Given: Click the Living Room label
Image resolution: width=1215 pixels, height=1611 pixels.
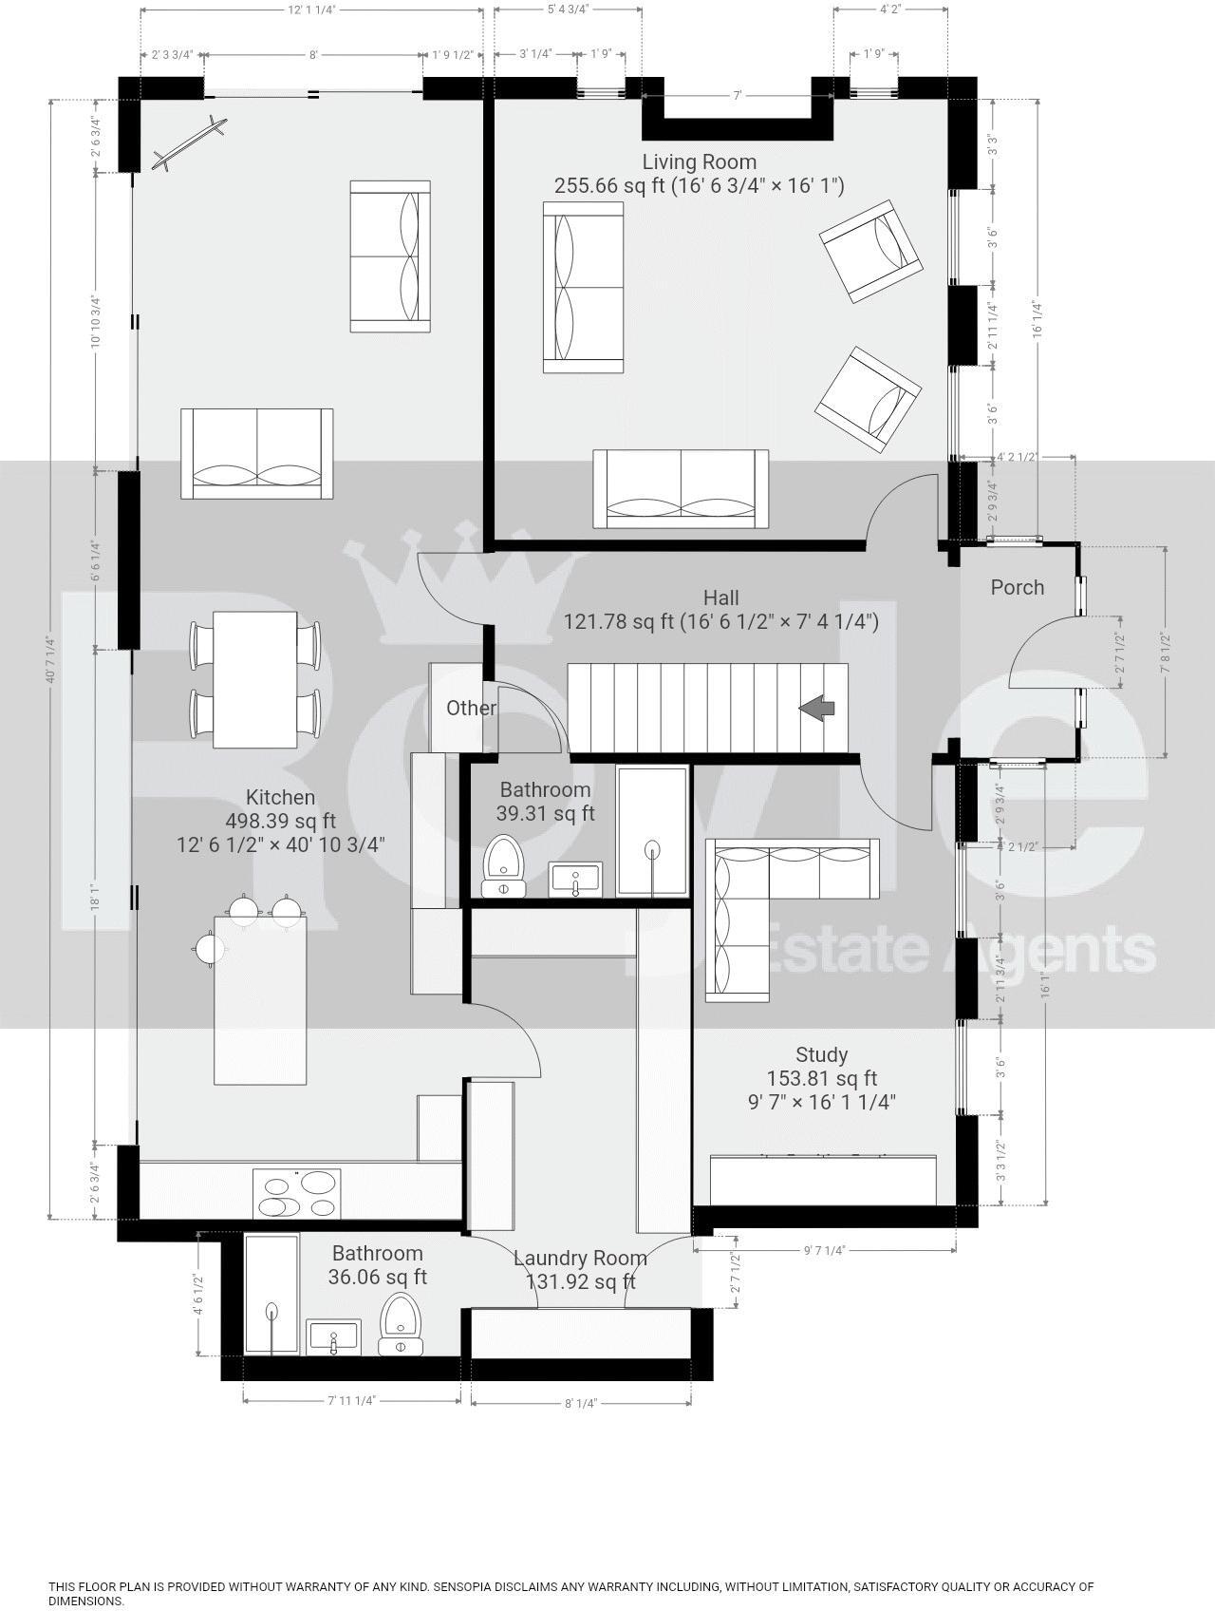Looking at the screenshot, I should click(699, 161).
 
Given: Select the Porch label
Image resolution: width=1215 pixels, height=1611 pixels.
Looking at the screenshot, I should click(1017, 587).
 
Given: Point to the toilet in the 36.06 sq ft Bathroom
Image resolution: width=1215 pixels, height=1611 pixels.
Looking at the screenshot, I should click(402, 1323).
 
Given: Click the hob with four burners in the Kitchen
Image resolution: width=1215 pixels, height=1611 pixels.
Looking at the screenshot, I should click(297, 1194).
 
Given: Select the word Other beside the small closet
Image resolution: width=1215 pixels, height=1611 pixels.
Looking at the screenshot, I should click(471, 708).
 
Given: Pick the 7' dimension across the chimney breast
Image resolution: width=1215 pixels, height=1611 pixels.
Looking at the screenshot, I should click(736, 96).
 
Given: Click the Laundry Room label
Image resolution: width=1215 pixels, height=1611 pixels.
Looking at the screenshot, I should click(580, 1258).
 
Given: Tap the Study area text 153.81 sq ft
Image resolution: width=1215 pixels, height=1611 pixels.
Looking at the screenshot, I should click(821, 1078).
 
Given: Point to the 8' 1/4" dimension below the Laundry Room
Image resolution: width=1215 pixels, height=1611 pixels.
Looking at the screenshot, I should click(580, 1404).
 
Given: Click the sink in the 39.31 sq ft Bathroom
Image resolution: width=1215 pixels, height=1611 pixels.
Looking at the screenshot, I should click(575, 879).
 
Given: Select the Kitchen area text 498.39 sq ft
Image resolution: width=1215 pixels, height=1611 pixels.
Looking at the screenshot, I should click(280, 821).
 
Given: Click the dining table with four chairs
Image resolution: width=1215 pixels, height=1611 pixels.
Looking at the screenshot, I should click(255, 679).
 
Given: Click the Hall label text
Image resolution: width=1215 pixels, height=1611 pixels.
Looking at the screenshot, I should click(720, 597).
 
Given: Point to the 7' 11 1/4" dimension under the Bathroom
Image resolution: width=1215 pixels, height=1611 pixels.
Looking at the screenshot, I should click(351, 1400).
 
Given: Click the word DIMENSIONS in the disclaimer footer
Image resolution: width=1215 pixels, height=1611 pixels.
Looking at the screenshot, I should click(85, 1601).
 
